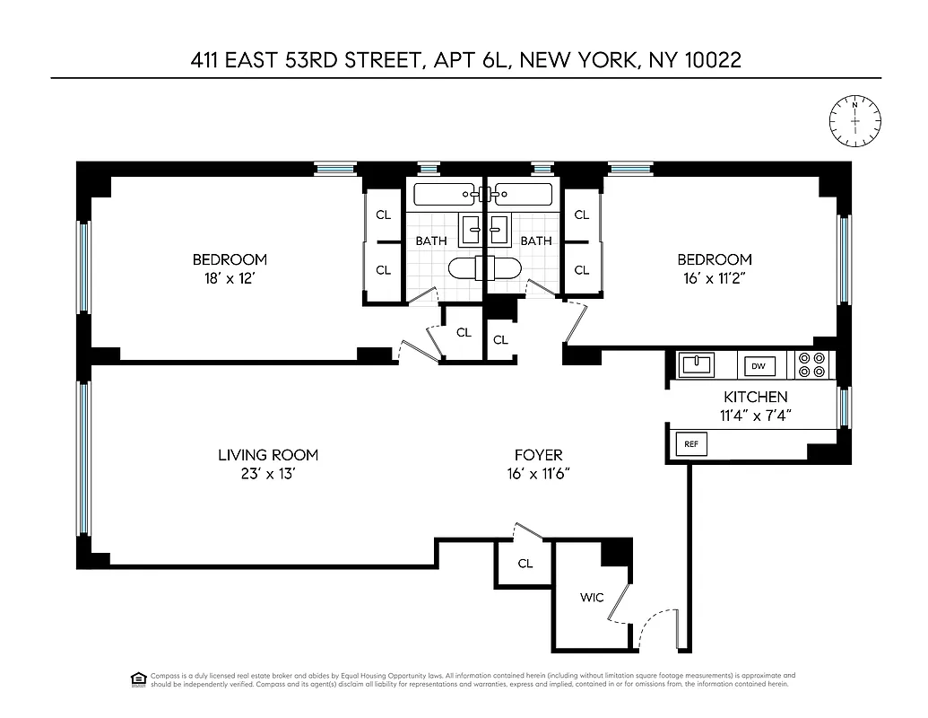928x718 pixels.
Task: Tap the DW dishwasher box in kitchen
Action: click(x=758, y=366)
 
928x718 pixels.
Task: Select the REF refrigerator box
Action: click(x=690, y=443)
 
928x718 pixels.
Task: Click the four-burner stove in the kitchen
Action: click(x=811, y=364)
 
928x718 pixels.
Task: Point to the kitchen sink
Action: click(x=696, y=364)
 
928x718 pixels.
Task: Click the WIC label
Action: click(x=591, y=598)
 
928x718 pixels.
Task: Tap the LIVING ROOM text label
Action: click(x=267, y=455)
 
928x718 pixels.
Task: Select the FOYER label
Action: click(x=538, y=455)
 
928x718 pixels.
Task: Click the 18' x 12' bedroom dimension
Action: click(x=230, y=277)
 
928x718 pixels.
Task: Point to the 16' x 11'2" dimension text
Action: click(x=714, y=277)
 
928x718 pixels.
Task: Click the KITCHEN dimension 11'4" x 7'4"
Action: click(x=755, y=416)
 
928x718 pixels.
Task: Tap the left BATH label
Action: click(x=430, y=241)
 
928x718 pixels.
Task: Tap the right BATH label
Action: click(x=536, y=241)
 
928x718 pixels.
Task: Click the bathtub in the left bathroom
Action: click(x=445, y=193)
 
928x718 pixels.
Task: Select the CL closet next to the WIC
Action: click(x=525, y=564)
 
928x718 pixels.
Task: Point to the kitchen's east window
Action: click(x=843, y=407)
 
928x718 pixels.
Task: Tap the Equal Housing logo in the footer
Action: click(x=138, y=679)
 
